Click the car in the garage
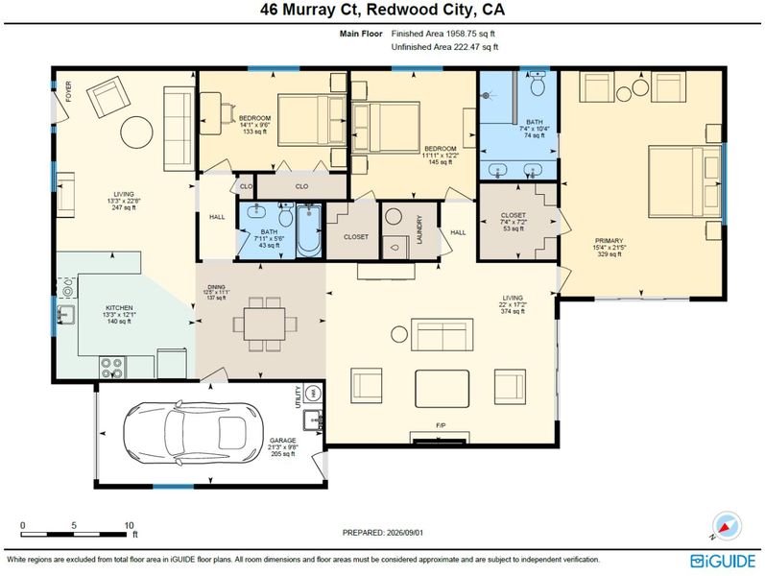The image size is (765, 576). [x=193, y=433]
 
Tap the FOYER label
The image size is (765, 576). [x=69, y=91]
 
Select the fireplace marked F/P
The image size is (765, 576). [x=441, y=438]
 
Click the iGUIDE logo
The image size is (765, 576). [x=723, y=561]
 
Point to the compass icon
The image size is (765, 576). [x=726, y=527]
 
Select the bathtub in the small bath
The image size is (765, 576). [x=309, y=229]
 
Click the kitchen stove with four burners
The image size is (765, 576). [x=112, y=368]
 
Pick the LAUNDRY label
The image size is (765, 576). [x=419, y=229]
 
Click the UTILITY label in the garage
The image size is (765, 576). [x=299, y=396]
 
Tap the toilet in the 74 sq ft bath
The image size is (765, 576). [x=538, y=84]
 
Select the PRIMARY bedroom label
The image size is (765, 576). [x=609, y=241]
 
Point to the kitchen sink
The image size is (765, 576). [x=66, y=315]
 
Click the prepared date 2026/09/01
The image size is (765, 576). [x=383, y=533]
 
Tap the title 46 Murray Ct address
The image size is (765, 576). [x=382, y=11]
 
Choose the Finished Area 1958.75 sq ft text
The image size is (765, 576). [x=443, y=34]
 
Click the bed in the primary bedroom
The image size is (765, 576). [x=684, y=181]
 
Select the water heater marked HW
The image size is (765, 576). [x=313, y=393]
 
